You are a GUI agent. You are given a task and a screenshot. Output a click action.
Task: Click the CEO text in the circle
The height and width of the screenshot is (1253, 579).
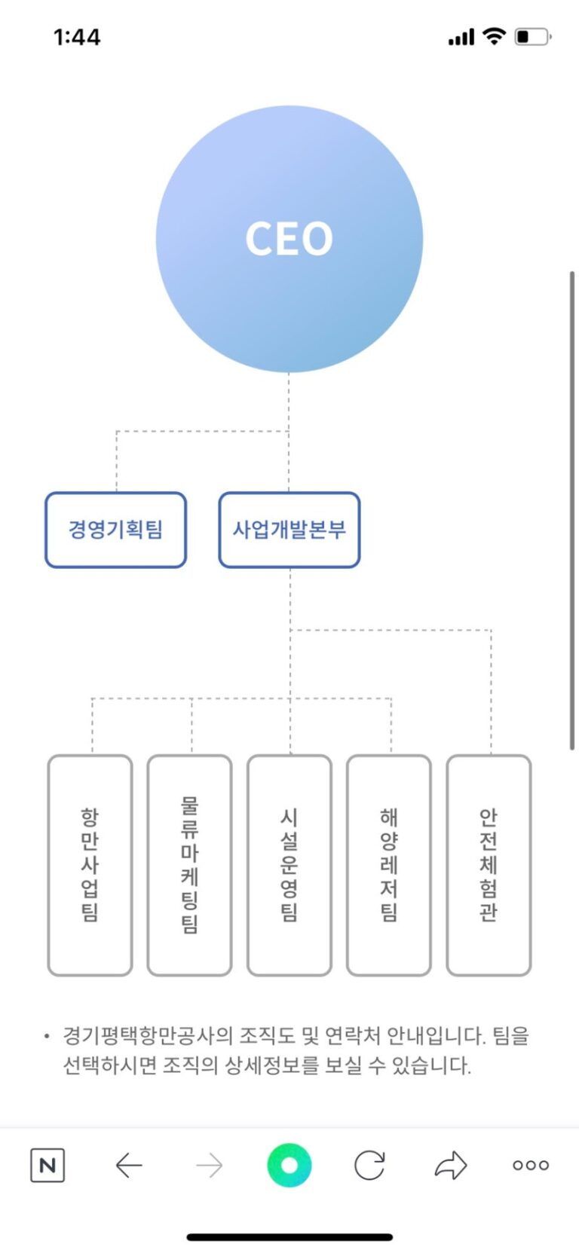[289, 239]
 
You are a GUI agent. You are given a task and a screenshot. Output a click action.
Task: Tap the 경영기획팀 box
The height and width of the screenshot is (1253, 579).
[115, 530]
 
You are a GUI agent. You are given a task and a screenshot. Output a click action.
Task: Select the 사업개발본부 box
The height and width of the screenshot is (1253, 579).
[289, 530]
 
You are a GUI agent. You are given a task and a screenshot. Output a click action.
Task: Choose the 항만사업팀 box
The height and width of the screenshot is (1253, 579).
[90, 865]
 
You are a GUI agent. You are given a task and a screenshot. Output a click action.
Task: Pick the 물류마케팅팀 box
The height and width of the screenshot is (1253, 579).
[189, 865]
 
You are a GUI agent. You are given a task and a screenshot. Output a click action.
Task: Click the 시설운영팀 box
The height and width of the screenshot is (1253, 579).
[289, 865]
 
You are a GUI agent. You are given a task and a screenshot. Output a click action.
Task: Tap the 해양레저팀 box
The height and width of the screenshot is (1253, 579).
[389, 865]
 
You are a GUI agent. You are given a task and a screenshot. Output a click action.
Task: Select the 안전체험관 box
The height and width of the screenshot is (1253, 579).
[489, 865]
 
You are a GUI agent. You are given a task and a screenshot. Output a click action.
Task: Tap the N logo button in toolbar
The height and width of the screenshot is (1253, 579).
[47, 1166]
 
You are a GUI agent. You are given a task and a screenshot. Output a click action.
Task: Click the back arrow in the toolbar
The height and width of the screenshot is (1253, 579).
[129, 1166]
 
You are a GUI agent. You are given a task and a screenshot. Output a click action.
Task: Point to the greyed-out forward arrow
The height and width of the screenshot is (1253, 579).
[209, 1166]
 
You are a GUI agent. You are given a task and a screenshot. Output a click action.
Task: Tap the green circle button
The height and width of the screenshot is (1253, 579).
[289, 1165]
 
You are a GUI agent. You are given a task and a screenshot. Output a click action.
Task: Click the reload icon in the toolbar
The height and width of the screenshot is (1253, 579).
[369, 1166]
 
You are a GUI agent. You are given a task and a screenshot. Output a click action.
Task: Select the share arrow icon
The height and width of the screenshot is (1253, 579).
[451, 1166]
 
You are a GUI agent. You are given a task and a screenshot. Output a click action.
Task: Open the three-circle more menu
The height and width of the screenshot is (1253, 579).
[531, 1166]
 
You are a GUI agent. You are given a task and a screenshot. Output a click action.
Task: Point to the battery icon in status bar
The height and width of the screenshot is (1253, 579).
[532, 36]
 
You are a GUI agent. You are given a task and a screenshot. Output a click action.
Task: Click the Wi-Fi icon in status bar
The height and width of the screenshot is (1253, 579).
[494, 35]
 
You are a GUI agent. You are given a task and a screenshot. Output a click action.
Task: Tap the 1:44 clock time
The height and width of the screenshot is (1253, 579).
[77, 37]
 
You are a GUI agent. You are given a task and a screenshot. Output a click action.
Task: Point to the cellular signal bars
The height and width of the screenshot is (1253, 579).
[461, 37]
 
